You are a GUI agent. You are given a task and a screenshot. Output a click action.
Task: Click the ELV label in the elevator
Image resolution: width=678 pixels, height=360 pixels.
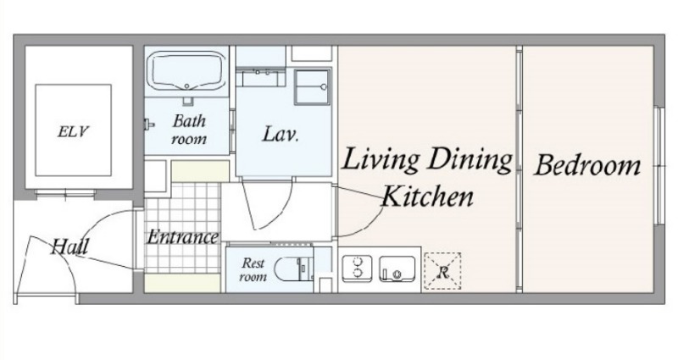(73, 131)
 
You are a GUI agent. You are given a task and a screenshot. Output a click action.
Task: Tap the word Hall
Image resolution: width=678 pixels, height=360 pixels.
(69, 246)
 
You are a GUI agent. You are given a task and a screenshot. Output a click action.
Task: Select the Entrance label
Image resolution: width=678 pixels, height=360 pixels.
(182, 237)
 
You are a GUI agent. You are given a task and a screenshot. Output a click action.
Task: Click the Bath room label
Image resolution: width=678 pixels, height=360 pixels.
(188, 130)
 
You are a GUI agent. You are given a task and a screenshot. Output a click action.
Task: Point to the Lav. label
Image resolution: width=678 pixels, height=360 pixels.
(281, 134)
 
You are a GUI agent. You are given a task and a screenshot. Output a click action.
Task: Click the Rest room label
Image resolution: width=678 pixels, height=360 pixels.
(253, 269)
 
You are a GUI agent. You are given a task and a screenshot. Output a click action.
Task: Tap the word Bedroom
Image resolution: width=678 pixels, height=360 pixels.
(587, 165)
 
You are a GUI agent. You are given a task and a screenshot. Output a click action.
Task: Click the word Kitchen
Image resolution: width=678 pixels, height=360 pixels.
(428, 197)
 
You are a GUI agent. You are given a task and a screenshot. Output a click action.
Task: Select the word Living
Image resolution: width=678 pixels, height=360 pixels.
(381, 161)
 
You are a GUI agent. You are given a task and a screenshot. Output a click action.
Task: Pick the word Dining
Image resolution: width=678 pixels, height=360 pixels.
(470, 161)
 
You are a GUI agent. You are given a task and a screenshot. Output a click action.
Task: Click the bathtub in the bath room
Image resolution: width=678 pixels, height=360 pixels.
(186, 71)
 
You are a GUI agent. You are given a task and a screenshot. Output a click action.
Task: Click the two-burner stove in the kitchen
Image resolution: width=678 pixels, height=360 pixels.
(357, 268)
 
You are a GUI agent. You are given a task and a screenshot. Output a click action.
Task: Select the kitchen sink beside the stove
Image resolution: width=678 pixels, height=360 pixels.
(397, 269)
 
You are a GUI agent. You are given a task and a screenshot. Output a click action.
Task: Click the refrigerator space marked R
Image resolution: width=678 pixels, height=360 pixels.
(442, 271)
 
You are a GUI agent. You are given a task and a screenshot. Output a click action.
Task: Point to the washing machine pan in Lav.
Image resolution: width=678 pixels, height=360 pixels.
(312, 87)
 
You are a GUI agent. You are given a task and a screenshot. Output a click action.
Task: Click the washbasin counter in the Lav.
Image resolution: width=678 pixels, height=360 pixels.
(260, 77)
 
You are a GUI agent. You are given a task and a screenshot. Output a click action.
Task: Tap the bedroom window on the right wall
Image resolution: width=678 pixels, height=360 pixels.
(659, 165)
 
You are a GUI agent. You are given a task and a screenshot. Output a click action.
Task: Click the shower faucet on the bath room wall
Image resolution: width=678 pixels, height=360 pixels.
(149, 124)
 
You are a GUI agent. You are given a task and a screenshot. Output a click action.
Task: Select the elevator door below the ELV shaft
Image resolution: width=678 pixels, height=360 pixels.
(65, 193)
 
